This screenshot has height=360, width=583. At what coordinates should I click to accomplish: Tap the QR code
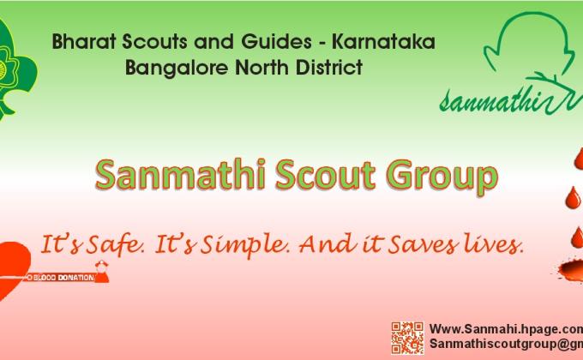click(407, 338)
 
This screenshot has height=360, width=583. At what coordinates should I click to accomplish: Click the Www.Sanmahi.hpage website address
click(504, 328)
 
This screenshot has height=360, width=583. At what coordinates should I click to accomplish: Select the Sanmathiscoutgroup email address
click(505, 344)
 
